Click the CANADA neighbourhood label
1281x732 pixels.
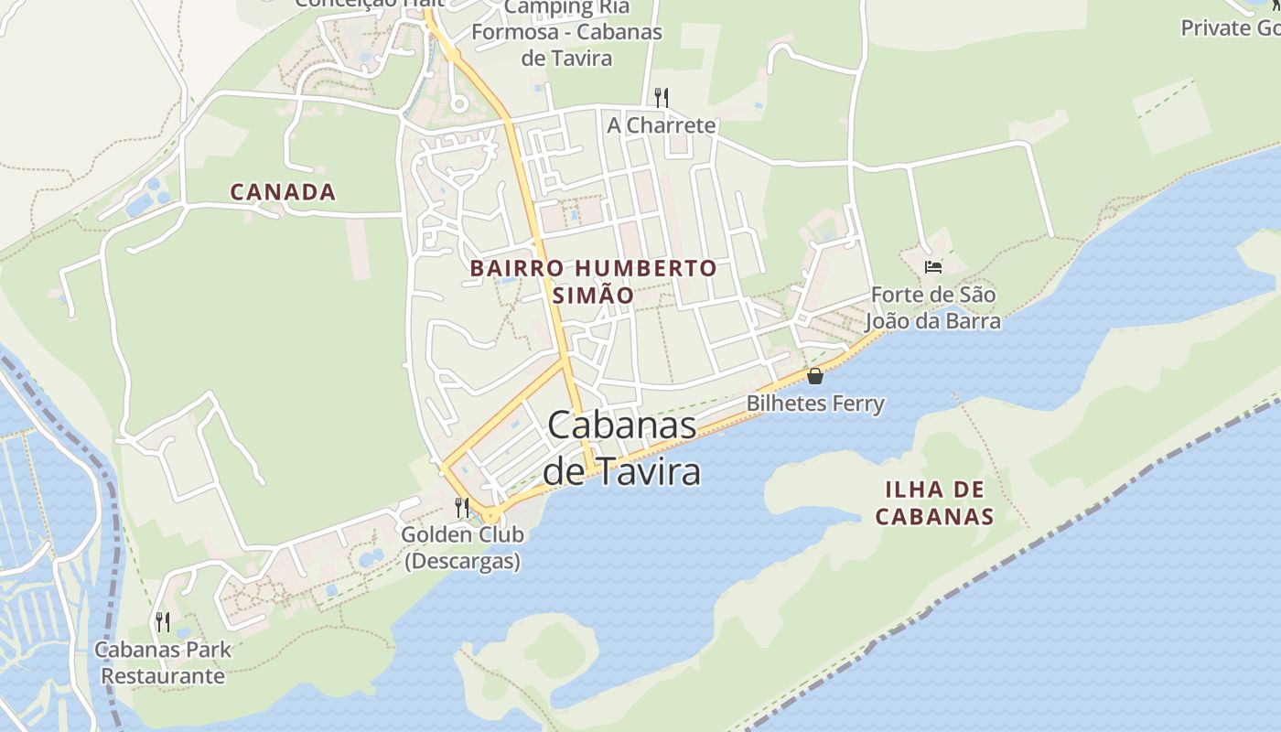283,192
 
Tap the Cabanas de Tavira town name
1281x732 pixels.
622,448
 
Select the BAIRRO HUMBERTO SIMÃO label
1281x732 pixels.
593,281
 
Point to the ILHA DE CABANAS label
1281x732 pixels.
934,502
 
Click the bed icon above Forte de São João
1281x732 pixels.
933,267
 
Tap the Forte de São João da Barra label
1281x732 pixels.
933,308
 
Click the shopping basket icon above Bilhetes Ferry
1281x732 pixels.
815,376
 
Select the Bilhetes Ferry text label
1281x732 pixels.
815,404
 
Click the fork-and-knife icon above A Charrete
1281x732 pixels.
662,97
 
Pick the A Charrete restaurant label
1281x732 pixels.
662,124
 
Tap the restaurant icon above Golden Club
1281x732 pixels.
463,507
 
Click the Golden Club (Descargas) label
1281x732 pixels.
463,547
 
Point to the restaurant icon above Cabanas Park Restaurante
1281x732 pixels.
163,622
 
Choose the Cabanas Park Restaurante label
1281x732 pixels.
163,663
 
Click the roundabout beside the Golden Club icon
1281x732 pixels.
492,516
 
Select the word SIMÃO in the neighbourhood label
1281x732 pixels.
593,296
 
